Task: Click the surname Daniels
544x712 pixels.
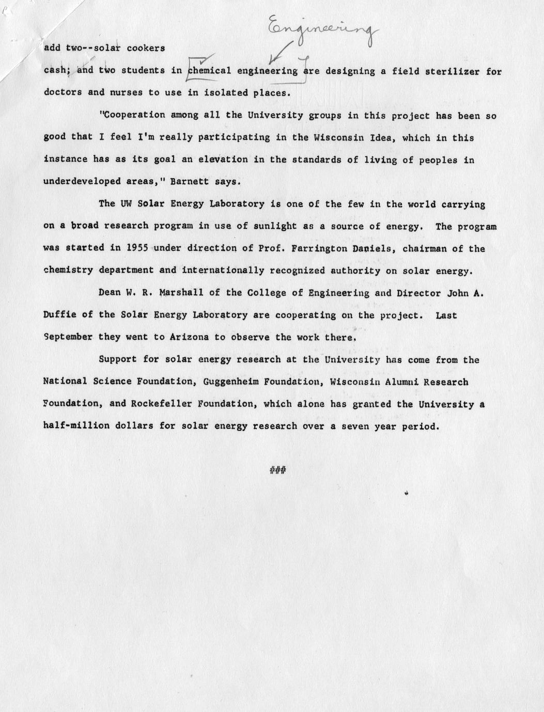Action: [371, 248]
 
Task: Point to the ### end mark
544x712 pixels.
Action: [278, 470]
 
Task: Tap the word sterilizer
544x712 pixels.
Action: [453, 71]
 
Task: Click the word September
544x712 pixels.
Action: [68, 337]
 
